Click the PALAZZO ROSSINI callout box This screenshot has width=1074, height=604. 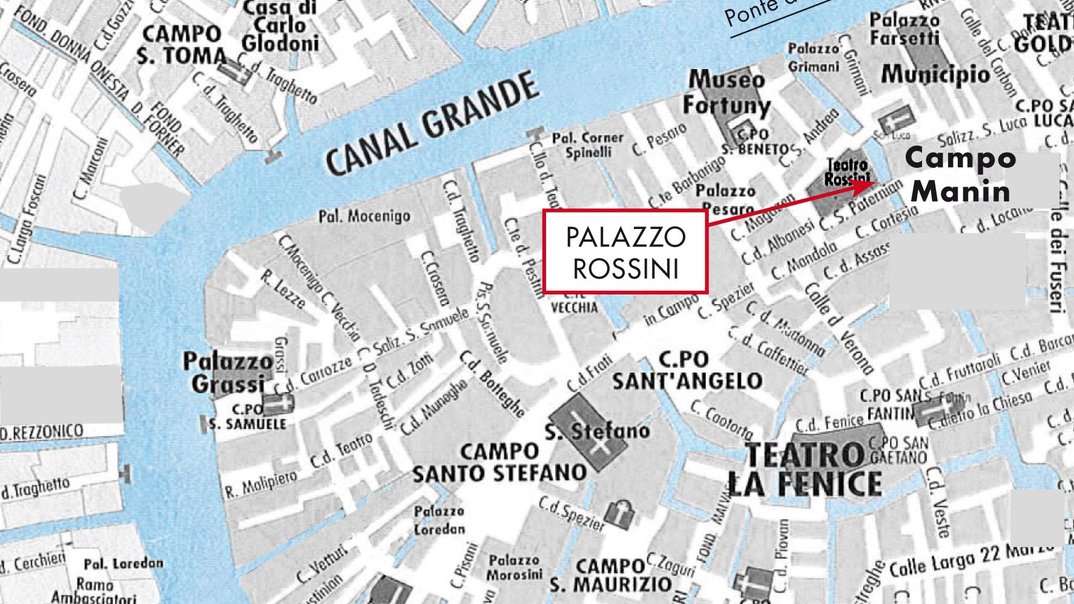point(625,252)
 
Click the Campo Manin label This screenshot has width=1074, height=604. point(960,175)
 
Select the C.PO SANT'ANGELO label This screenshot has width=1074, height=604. point(687,371)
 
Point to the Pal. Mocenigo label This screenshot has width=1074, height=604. point(364,216)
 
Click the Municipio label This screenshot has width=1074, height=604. point(936,75)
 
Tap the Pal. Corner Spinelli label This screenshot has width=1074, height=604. point(587,145)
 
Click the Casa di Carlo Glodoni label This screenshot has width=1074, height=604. point(280,27)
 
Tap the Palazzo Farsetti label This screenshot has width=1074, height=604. point(904,29)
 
